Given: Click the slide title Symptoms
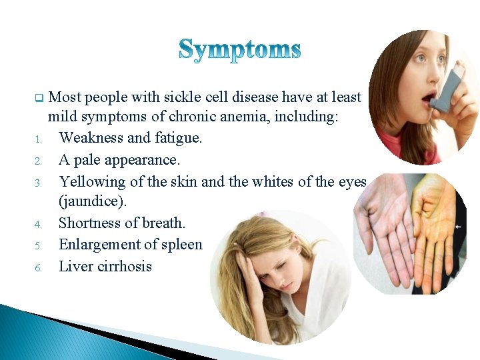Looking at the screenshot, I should coord(240,49).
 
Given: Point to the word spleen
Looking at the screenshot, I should coord(181,245).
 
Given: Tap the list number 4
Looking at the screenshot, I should coord(39,225).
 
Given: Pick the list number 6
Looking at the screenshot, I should coord(39,267).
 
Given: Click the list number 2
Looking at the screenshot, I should coord(39,161).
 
